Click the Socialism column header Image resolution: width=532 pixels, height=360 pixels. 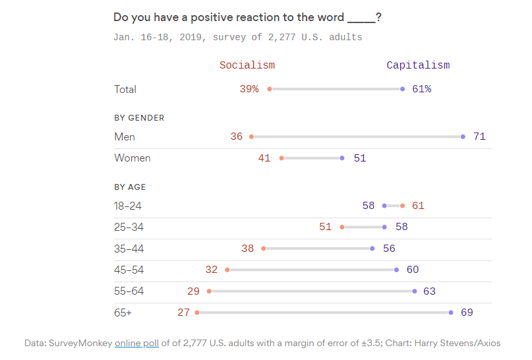click(247, 65)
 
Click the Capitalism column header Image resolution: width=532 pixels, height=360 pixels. click(418, 65)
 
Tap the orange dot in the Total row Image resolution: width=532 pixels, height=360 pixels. click(270, 89)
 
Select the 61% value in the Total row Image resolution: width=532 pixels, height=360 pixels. click(421, 89)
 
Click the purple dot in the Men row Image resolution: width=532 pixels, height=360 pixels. click(463, 136)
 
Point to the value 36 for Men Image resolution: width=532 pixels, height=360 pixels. click(237, 136)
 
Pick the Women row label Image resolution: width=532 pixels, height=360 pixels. click(133, 158)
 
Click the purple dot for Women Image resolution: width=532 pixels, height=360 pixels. click(342, 158)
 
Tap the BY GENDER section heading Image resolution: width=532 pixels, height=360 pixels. click(139, 118)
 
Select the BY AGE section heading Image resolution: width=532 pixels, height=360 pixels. click(130, 187)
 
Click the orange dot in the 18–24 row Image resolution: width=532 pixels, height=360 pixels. click(402, 206)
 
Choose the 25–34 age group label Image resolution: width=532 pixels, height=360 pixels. click(129, 227)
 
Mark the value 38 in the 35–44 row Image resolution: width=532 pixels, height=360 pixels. click(248, 249)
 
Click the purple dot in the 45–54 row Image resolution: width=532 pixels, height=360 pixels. click(396, 270)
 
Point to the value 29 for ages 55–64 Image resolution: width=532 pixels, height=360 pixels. click(194, 291)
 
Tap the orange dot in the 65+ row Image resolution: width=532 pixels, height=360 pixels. click(197, 313)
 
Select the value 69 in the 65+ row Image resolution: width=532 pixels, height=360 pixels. click(467, 313)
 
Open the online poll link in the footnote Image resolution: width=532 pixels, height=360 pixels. click(136, 343)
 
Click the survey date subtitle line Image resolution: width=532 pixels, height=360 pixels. click(237, 37)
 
